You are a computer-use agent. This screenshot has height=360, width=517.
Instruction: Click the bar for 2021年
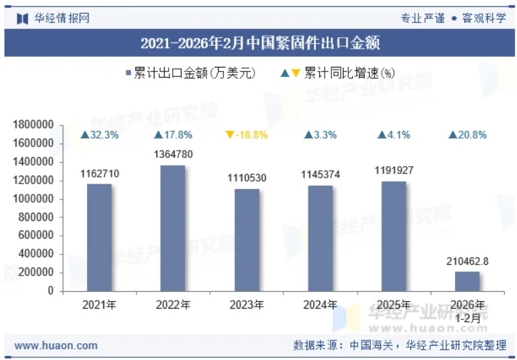[99, 237]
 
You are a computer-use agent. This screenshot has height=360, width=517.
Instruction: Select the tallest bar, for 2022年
[173, 228]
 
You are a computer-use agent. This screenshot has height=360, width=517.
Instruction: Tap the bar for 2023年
[246, 240]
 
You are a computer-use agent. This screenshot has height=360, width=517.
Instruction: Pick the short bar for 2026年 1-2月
[467, 281]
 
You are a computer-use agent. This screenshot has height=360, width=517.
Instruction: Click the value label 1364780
[173, 155]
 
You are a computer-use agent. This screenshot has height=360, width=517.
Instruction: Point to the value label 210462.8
[467, 261]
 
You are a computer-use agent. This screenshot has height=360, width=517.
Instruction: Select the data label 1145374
[321, 175]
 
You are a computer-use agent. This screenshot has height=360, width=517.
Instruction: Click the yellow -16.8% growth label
[246, 135]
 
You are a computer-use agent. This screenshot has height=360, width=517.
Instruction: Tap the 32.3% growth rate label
[99, 135]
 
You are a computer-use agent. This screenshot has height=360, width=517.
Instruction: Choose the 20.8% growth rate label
[467, 135]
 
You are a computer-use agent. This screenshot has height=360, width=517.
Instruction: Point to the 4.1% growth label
[393, 135]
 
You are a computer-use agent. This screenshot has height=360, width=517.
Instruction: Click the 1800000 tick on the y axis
[33, 125]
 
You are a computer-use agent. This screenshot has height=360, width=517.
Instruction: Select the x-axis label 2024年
[321, 305]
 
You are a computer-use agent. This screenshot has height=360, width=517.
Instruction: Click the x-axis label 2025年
[393, 305]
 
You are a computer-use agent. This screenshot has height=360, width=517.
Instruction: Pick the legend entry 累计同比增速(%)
[344, 73]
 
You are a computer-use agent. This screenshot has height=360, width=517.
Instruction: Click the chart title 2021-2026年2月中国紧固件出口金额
[260, 44]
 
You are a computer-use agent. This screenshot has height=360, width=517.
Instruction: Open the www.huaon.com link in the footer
[56, 345]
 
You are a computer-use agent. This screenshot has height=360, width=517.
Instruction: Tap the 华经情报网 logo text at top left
[61, 18]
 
